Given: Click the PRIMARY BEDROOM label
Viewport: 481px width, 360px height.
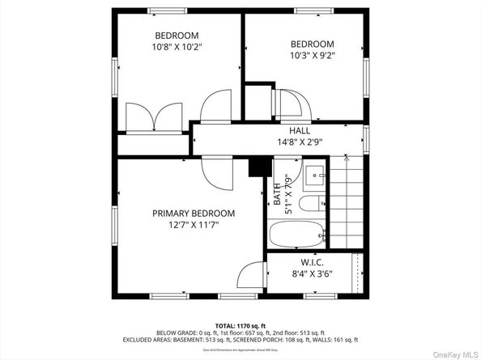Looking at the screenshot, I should click(194, 214).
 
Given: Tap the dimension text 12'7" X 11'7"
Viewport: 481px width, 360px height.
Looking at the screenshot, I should click(194, 226).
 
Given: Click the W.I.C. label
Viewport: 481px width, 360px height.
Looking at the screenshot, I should click(312, 261).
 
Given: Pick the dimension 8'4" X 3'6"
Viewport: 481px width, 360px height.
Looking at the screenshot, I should click(312, 273).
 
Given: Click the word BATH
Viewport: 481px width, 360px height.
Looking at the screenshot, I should click(277, 197).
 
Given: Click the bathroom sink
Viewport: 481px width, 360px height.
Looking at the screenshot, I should click(315, 173).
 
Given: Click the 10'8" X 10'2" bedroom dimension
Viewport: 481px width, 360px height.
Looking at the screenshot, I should click(177, 47).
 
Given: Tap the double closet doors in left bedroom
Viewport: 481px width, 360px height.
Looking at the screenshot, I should click(155, 116).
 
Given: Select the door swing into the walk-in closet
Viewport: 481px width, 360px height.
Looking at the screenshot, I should click(255, 274).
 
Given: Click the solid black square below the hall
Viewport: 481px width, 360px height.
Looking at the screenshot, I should click(257, 165).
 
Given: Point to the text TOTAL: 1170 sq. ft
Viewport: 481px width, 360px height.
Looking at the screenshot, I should click(240, 325).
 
